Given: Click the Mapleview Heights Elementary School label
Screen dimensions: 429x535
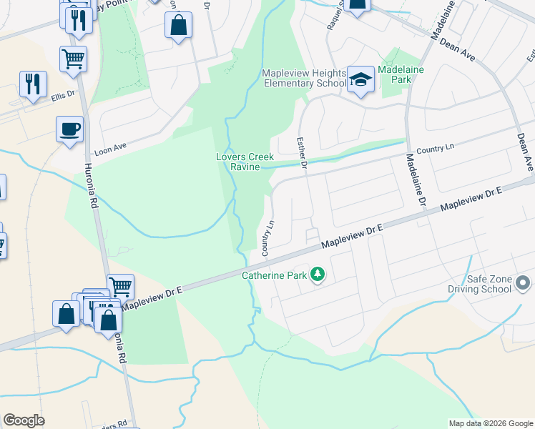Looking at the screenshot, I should coord(303,78).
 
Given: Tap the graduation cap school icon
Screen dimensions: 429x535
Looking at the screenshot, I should coord(361,80).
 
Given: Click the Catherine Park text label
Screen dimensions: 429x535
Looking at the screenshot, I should coord(273,275).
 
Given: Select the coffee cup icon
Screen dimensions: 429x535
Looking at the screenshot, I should coord(69,129).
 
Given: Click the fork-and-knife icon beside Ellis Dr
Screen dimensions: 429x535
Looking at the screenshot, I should coord(32,84).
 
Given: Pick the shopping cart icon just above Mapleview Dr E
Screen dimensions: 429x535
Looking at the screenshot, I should coord(120,287).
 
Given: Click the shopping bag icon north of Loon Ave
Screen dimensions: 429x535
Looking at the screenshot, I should coord(178,26).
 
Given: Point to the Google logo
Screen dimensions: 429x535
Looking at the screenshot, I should coord(24,420).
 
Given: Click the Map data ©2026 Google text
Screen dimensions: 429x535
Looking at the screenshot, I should coord(490,423).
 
